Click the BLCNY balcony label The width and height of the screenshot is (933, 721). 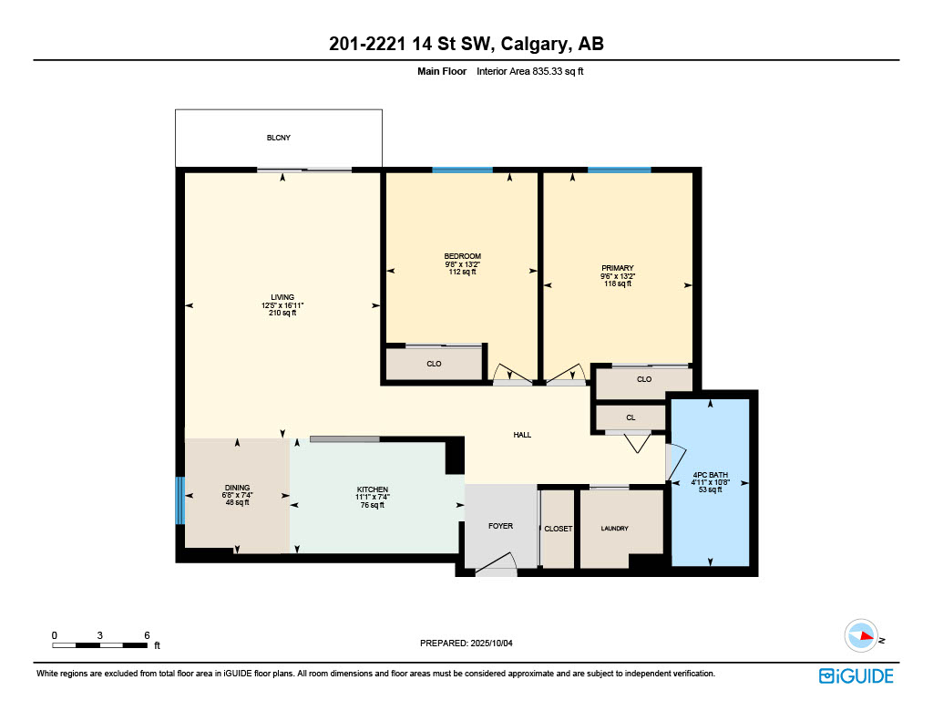pos(279,138)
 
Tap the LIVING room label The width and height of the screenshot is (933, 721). pos(282,297)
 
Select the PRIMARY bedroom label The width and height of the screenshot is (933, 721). pos(618,268)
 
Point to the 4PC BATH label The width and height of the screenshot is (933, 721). pos(710,475)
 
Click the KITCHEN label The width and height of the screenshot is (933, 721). pos(373,489)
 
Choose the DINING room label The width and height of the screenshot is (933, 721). pos(238,487)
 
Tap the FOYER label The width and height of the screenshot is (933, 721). pos(500,526)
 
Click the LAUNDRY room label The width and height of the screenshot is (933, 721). pos(615,528)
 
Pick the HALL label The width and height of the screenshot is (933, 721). pos(522,435)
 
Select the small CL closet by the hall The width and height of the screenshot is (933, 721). pos(631,417)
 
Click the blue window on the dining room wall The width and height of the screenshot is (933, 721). pos(180,500)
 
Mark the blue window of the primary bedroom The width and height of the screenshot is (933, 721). pos(620,170)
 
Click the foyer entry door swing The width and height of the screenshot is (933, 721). pos(497,564)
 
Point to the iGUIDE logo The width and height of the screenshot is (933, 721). pos(856,675)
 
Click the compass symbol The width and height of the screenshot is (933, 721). pos(861,636)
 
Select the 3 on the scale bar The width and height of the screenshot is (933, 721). pos(100,635)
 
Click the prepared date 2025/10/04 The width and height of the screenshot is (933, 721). pos(491,643)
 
